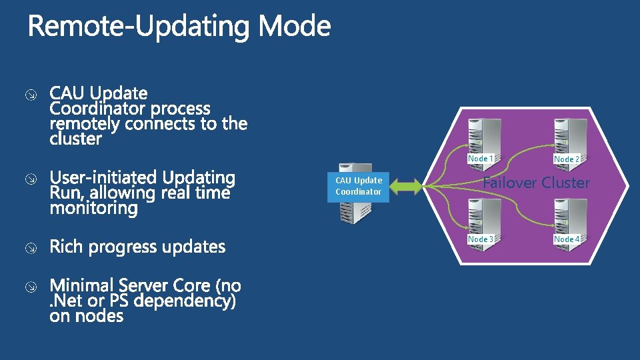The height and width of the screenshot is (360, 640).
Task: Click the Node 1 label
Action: coord(480,159)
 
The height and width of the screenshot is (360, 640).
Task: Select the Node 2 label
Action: coord(566,159)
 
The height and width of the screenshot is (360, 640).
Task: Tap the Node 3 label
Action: coord(480,239)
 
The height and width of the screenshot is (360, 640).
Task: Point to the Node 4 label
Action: coord(566,239)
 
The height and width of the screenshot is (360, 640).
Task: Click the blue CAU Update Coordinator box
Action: coord(359,186)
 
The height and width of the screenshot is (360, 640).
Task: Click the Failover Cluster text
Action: coord(537,183)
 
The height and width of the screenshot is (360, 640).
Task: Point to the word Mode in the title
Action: coord(294,27)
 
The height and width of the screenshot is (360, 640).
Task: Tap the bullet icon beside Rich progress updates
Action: coord(31,248)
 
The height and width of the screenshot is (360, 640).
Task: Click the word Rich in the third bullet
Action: coord(66,247)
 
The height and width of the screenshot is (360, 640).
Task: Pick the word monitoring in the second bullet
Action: coord(94,209)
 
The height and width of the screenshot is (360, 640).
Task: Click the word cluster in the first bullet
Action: coord(76,139)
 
